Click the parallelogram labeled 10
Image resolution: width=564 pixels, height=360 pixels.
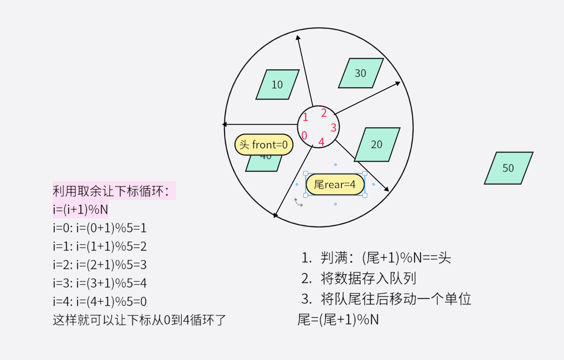coord(277,85)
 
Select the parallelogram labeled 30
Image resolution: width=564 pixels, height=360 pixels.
coord(360,73)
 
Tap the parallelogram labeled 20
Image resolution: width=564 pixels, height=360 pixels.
coord(377,144)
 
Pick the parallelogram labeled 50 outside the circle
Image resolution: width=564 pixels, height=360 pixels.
coord(508,168)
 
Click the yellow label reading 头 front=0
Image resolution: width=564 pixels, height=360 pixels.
coord(264,145)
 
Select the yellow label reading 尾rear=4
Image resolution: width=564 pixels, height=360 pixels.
coord(335,185)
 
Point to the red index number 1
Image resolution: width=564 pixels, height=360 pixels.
coord(305,117)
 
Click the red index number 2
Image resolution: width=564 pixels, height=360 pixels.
coord(324,113)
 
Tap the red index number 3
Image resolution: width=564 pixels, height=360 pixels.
coord(333,128)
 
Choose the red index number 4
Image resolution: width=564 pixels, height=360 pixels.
coord(321,142)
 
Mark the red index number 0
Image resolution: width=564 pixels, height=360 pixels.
coord(304,135)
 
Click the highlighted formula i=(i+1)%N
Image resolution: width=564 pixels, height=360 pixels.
coord(80,210)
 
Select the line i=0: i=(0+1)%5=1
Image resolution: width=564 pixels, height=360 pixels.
coord(99,228)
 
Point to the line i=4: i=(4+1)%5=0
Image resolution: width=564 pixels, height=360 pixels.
coord(99,302)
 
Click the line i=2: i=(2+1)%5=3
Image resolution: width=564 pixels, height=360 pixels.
coord(99,265)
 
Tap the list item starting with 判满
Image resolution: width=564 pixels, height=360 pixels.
coord(376,258)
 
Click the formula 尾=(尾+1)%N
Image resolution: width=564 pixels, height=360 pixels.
coord(338,320)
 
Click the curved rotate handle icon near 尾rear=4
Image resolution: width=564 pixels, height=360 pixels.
coord(298,203)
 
